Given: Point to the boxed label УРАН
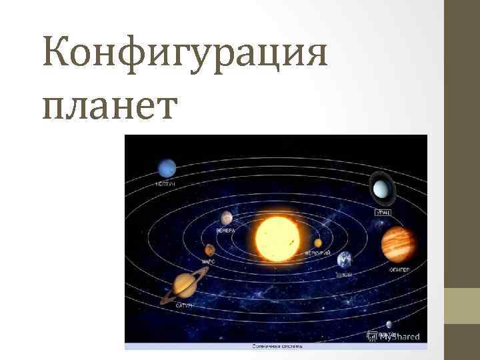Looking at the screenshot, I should [x=382, y=211].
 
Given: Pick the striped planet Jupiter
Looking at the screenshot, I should [x=398, y=245].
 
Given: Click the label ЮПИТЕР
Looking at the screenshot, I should [x=399, y=269].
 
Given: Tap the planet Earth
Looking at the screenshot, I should [x=345, y=259].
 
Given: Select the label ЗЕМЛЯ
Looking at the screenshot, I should [x=345, y=274].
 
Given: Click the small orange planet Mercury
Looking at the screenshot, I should [x=319, y=243].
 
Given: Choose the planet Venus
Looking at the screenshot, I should [x=227, y=218].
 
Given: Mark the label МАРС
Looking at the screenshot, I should [x=209, y=262].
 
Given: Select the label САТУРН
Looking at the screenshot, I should [x=184, y=305].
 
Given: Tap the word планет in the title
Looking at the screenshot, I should [x=109, y=105].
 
